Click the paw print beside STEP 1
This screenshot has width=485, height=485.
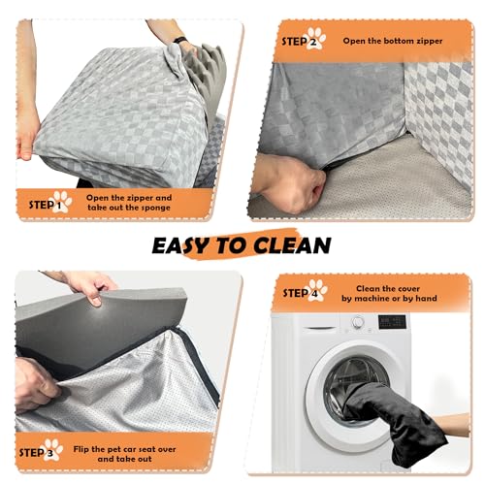point(62,202)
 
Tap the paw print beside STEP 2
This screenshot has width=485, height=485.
point(316,38)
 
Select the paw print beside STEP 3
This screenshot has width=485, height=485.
point(53,449)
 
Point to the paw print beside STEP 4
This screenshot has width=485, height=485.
point(317,290)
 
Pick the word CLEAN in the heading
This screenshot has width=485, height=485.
point(292,245)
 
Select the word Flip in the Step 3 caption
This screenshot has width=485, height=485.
point(81,449)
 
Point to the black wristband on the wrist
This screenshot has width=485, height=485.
point(180,40)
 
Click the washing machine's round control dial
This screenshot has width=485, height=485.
point(358,322)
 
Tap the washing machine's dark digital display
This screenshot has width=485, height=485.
point(392,322)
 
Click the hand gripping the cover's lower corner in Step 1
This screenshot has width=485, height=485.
point(28,143)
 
